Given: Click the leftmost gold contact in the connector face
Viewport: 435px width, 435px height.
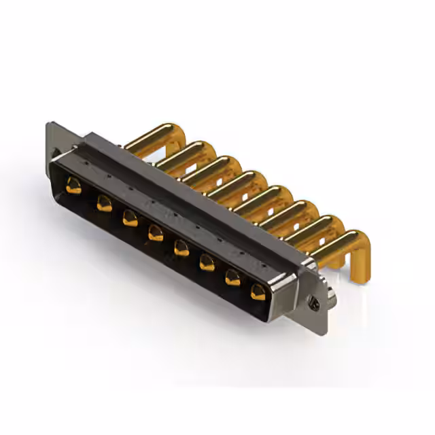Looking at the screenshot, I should click(73, 185).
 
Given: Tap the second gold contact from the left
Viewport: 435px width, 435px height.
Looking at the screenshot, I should click(104, 203).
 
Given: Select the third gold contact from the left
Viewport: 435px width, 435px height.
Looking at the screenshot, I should click(130, 218).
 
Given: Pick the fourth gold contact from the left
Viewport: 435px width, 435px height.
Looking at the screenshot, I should click(156, 233).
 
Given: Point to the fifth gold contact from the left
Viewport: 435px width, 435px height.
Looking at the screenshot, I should click(181, 248).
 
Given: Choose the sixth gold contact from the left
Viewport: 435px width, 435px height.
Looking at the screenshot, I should click(207, 262).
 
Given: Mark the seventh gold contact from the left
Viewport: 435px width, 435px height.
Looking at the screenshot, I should click(233, 277).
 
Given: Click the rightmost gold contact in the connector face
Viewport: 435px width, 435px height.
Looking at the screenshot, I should click(258, 292).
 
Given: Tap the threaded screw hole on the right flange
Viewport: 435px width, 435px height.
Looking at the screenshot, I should click(313, 298).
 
